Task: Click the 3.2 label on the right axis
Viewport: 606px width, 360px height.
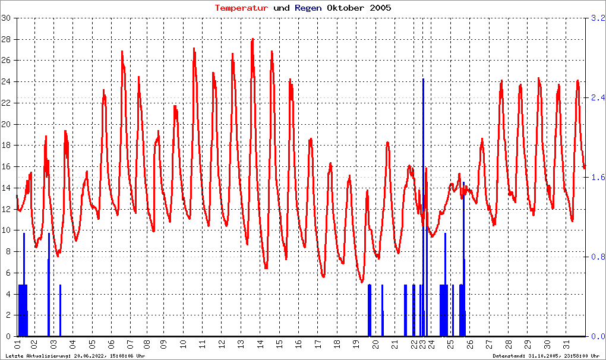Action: click(597, 18)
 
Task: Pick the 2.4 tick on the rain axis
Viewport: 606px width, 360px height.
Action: click(597, 97)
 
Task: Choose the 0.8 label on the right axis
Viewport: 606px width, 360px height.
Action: click(597, 257)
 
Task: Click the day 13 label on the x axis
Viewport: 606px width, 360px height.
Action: click(241, 344)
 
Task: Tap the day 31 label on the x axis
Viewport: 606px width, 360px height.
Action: click(567, 344)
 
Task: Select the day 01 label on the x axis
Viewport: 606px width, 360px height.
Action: click(18, 344)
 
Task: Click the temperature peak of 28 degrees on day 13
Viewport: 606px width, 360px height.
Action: click(252, 40)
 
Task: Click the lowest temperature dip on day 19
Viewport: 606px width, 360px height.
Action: click(362, 282)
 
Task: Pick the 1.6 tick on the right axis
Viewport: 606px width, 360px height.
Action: click(597, 177)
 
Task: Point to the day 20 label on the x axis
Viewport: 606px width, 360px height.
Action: click(375, 344)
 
